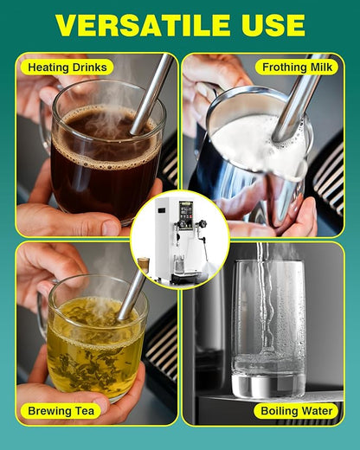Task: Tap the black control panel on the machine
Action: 185,215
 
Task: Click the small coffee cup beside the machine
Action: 144,263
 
